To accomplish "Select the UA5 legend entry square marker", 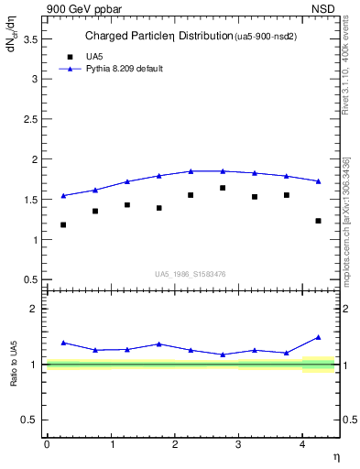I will click(66, 56).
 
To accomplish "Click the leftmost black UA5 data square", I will click(63, 224).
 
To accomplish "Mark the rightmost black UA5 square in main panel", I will click(318, 221).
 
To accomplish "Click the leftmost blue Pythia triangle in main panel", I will click(63, 195).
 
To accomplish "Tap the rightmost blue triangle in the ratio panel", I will click(318, 337).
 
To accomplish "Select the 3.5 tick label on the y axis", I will click(32, 38).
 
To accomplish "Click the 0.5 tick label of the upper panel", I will click(32, 279).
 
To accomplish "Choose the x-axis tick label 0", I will click(47, 444).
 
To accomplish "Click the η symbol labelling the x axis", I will click(336, 456).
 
